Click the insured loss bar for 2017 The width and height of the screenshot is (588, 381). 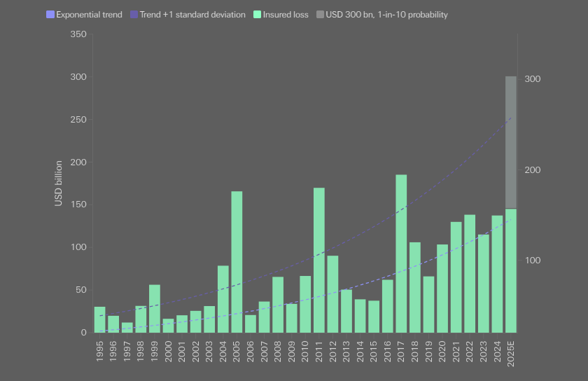click(x=401, y=254)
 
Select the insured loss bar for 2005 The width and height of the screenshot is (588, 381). click(x=237, y=262)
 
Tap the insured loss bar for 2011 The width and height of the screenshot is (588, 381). click(x=319, y=260)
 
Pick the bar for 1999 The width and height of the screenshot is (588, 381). click(x=155, y=309)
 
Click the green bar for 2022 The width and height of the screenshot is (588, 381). click(x=470, y=274)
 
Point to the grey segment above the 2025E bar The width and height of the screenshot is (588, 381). click(x=511, y=142)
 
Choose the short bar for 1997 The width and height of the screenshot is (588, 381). click(x=127, y=328)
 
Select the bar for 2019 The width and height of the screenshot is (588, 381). click(x=428, y=305)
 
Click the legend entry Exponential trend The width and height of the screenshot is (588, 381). click(x=84, y=15)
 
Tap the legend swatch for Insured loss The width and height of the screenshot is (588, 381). click(x=258, y=15)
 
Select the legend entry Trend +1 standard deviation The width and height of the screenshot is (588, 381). click(x=188, y=15)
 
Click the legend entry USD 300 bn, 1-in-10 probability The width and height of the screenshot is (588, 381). click(x=381, y=15)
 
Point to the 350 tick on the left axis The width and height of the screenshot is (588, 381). click(x=78, y=34)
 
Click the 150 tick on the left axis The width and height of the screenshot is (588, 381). click(x=78, y=205)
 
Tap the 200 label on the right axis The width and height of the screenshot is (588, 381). click(x=533, y=170)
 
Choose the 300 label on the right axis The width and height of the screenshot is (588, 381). click(x=533, y=79)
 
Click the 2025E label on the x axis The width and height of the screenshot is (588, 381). click(x=511, y=354)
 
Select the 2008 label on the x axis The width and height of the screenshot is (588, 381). click(x=278, y=352)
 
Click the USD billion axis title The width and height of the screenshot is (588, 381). click(x=58, y=183)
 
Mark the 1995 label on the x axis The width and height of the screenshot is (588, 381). click(x=99, y=352)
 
